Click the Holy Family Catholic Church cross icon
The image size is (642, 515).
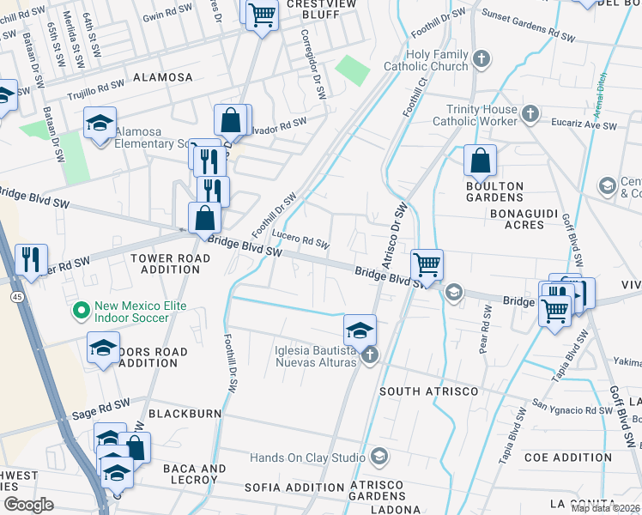[482, 59]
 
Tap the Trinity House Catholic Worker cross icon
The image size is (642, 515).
[530, 113]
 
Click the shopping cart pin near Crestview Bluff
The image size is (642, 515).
[262, 14]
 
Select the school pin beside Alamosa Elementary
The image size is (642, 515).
[100, 123]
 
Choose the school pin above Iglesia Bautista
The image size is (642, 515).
[360, 329]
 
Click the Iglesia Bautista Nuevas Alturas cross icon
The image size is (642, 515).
[370, 355]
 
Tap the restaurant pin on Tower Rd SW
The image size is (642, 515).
[31, 260]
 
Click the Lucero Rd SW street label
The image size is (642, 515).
[300, 239]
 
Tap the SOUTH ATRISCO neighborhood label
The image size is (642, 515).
[423, 391]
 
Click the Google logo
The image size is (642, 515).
[28, 504]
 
